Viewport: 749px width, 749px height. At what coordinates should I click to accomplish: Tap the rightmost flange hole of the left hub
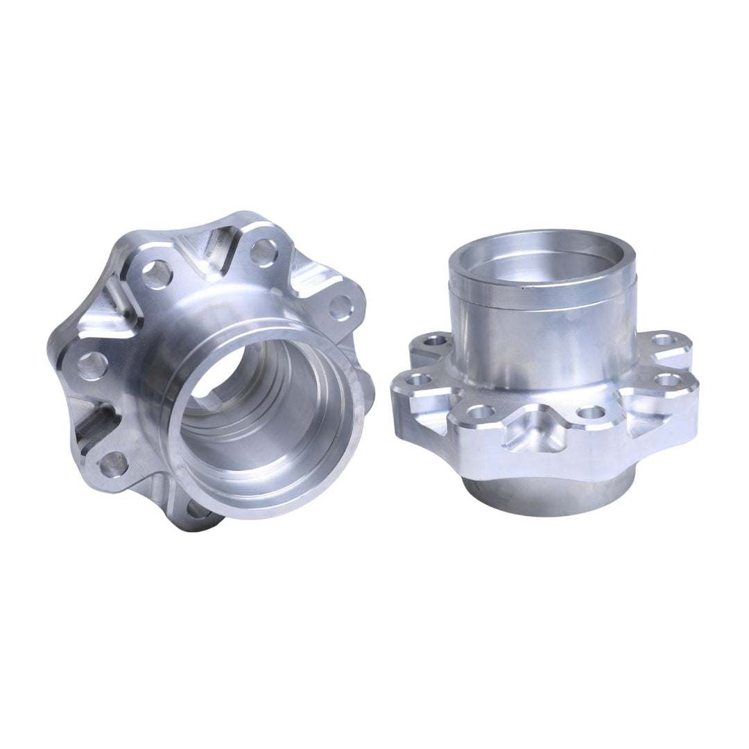340,307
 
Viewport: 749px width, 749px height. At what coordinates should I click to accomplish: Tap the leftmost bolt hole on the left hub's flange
92,365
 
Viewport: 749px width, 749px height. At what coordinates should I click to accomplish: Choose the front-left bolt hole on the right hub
480,412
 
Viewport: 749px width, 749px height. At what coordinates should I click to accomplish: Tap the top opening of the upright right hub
542,257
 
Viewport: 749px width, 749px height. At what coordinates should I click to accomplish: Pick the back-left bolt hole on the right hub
436,341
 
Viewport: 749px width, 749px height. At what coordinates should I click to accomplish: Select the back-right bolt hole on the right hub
663,340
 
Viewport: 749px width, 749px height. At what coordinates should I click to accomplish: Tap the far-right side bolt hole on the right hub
668,380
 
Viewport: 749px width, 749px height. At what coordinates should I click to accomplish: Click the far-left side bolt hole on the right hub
418,379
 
